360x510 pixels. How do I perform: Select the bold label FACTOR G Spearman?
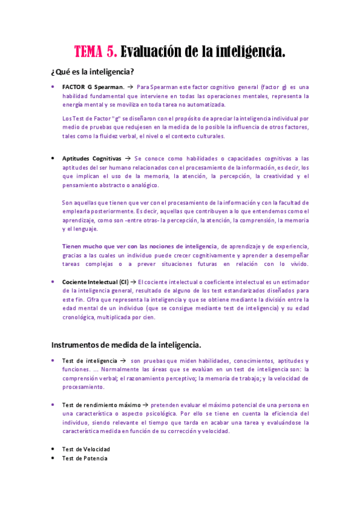click(x=93, y=87)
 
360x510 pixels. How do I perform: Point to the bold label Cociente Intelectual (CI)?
click(x=95, y=281)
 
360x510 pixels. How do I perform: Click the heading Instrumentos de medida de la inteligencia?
click(x=126, y=345)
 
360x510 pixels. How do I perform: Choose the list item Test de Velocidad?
click(x=86, y=449)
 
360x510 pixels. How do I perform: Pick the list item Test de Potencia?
click(x=85, y=458)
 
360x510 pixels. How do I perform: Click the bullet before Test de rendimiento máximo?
click(x=53, y=405)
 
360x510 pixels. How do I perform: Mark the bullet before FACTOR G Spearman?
click(x=53, y=87)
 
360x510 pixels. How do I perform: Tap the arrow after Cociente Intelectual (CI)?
click(x=134, y=281)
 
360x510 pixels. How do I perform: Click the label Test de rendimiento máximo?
click(x=101, y=405)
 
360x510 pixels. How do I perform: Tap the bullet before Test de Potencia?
click(x=53, y=458)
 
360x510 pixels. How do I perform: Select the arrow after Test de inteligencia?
click(x=122, y=361)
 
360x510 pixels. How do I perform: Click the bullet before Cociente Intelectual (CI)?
click(x=53, y=281)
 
